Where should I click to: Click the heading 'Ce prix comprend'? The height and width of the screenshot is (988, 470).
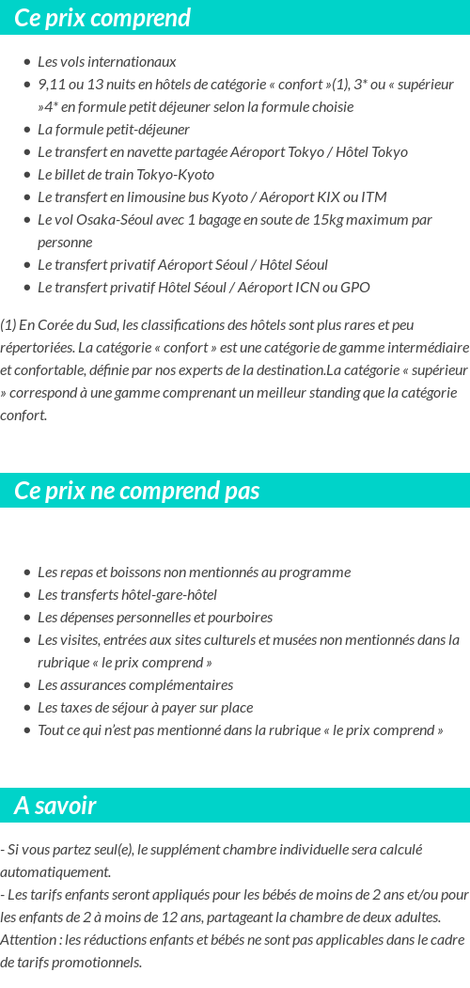tap(102, 18)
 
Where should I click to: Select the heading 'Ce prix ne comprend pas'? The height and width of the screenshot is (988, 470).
tap(136, 491)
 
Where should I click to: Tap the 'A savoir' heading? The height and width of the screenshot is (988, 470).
tap(55, 806)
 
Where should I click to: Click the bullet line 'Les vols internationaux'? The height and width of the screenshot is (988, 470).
tap(106, 62)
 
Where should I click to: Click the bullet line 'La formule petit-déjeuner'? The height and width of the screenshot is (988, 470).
tap(114, 130)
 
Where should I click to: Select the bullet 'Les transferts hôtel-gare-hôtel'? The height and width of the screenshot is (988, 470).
tap(127, 595)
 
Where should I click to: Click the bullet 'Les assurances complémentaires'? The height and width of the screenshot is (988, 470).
tap(134, 685)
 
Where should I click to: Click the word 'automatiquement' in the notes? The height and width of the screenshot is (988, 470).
tap(55, 872)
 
